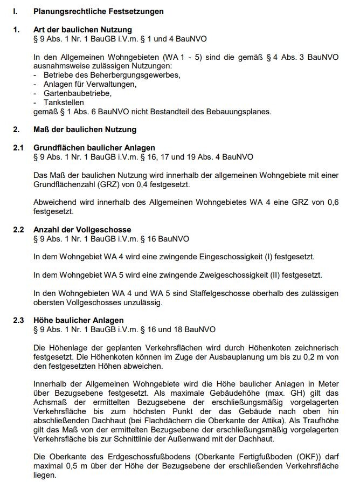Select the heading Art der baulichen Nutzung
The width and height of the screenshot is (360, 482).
pos(82,30)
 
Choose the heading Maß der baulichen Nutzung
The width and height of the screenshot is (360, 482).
pos(85,129)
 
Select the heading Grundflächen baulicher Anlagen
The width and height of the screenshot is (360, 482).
pos(94,148)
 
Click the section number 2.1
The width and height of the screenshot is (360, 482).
pos(18,148)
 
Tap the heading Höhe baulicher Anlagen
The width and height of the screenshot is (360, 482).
pos(79,320)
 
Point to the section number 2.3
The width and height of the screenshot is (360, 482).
pos(18,320)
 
